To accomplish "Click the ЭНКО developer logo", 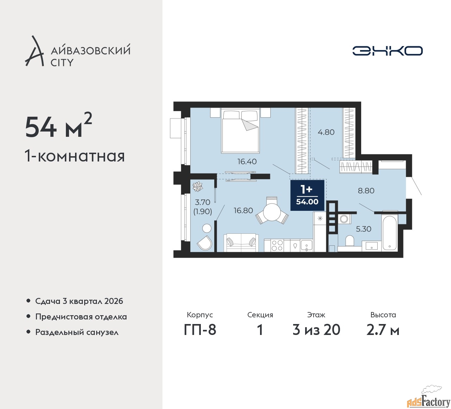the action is [x=387, y=51].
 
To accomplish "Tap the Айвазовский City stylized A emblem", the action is [x=34, y=51].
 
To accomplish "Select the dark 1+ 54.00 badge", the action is [x=307, y=195].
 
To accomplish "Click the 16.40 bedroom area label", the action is [x=247, y=161].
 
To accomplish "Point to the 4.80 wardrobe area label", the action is [x=326, y=132].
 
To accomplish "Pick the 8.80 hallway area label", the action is [x=366, y=191].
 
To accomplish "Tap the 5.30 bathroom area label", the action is [x=363, y=229].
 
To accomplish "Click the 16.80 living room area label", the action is [x=243, y=210].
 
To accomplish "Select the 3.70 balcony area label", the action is [x=203, y=202].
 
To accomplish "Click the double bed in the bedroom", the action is [x=240, y=131].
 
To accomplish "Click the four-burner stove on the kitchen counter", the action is [x=277, y=245].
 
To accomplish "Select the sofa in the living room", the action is [x=241, y=243].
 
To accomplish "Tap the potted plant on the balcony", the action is [x=198, y=187].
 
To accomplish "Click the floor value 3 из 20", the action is [x=316, y=330].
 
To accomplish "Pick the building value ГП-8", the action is [x=200, y=330].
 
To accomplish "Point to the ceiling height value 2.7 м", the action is [x=383, y=330].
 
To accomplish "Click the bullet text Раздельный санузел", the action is [x=77, y=332].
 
